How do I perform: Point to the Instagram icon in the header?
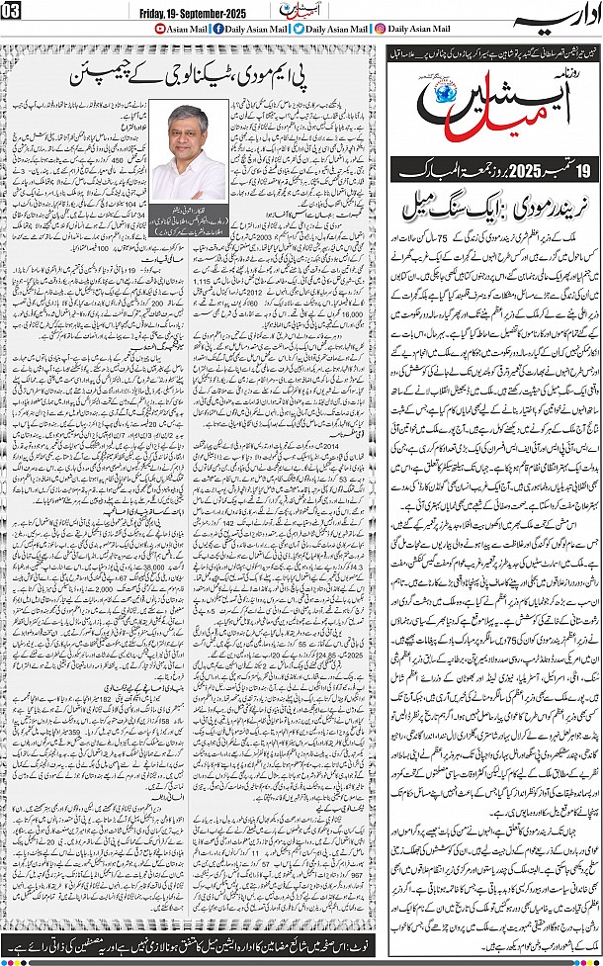click(x=382, y=29)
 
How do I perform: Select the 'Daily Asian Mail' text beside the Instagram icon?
click(x=426, y=29)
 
